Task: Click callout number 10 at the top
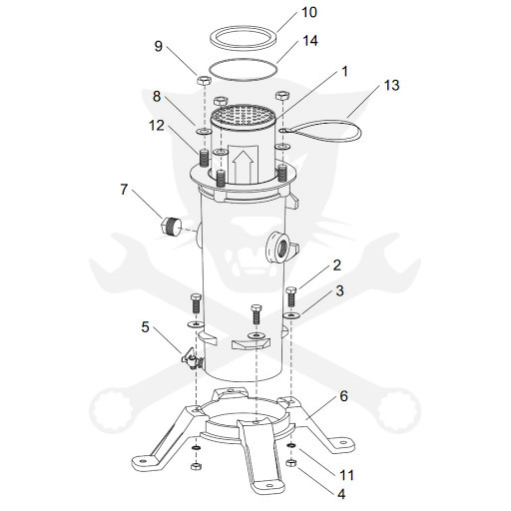click(309, 12)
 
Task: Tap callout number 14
click(310, 41)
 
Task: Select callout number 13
click(391, 85)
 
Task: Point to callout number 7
click(124, 190)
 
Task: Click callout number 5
click(145, 327)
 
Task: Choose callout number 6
click(343, 396)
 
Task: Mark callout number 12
click(157, 126)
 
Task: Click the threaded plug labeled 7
click(172, 227)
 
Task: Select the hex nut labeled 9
click(203, 80)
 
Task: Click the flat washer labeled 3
click(291, 314)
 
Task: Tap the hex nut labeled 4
click(291, 462)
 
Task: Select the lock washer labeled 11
click(291, 445)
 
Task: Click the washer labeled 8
click(204, 131)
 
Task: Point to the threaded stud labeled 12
click(204, 158)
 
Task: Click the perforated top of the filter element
click(244, 115)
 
